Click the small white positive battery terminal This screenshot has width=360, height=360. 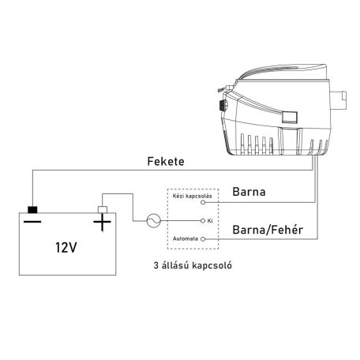pos(101,209)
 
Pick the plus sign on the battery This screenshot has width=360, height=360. pos(102,224)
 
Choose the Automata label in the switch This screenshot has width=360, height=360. pos(186,238)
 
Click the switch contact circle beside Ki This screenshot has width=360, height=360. pos(206,221)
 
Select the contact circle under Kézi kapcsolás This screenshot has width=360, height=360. pos(206,203)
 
